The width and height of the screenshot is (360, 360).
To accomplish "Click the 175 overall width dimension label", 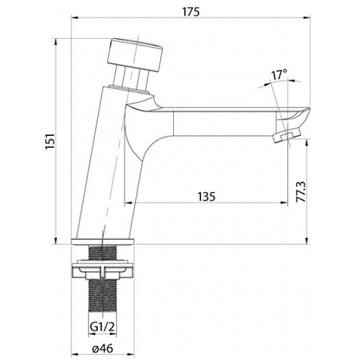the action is click(x=191, y=12).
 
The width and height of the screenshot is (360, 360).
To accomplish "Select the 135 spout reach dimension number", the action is click(x=207, y=196).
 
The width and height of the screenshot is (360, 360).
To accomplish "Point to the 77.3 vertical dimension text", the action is click(x=301, y=192).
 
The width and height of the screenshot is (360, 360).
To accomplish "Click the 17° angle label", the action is click(x=279, y=74).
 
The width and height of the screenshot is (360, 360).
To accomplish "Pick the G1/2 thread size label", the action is click(x=102, y=327).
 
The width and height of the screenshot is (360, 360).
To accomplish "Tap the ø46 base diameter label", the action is click(x=103, y=349).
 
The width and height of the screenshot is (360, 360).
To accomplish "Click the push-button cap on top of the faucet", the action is click(x=135, y=54).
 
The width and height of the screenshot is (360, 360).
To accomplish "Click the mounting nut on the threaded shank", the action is click(x=103, y=270).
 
